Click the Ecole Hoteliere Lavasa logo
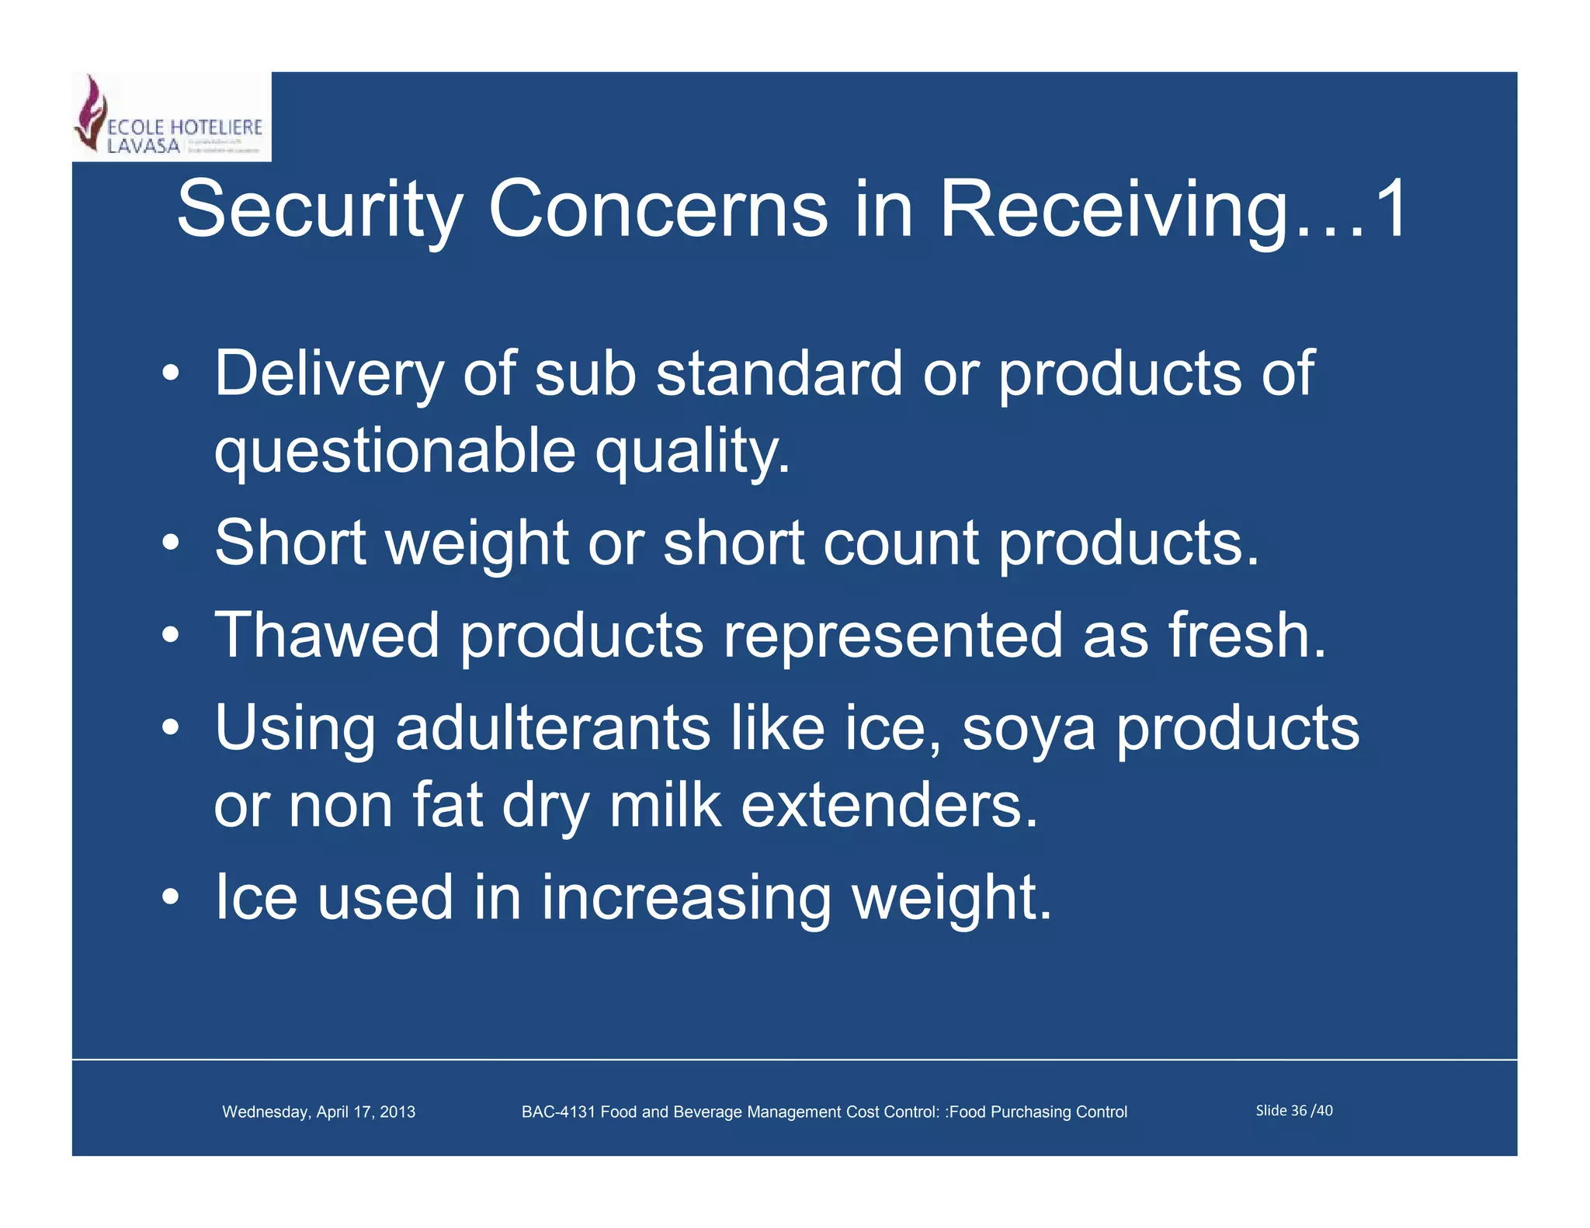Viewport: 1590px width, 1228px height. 171,116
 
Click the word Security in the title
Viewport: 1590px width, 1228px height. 319,210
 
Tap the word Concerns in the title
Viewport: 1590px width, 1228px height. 658,210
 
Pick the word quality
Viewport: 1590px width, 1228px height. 692,452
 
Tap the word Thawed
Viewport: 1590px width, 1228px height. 327,636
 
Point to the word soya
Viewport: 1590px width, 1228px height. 1029,730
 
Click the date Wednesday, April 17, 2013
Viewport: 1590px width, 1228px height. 318,1112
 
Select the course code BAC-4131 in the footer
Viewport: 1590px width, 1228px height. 558,1112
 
